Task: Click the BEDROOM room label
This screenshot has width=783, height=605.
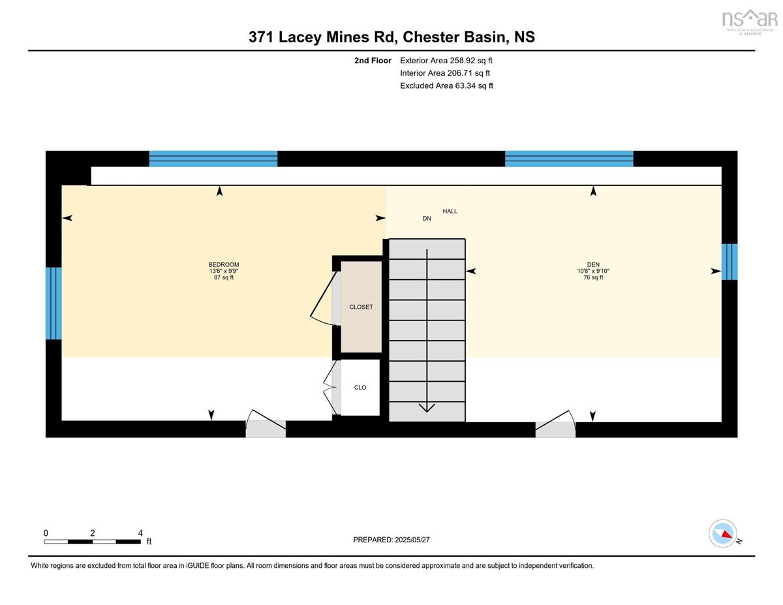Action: tap(223, 264)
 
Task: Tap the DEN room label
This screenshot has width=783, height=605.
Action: tap(593, 264)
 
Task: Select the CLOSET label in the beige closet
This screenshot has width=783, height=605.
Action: tap(361, 307)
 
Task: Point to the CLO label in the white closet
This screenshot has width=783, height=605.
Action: tap(360, 388)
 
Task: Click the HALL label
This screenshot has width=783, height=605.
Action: tap(450, 211)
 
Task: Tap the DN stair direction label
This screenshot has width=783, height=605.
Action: tap(427, 219)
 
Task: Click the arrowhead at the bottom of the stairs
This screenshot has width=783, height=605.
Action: tap(427, 407)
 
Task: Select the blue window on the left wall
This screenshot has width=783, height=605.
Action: tap(54, 303)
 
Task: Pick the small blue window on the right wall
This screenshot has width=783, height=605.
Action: tap(729, 262)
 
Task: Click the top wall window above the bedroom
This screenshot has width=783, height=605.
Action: tap(213, 159)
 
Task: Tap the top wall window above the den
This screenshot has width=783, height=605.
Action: tap(569, 159)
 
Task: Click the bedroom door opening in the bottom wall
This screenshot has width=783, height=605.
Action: tap(266, 429)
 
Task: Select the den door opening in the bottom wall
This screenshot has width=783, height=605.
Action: tap(555, 429)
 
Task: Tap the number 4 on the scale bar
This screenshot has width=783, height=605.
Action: tap(140, 533)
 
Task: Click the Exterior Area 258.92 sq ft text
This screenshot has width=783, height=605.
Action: tap(446, 61)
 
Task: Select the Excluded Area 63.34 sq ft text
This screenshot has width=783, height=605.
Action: tap(446, 85)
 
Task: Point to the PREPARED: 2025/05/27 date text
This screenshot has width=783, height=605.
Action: tap(391, 540)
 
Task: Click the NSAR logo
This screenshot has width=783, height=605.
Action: tap(750, 22)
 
